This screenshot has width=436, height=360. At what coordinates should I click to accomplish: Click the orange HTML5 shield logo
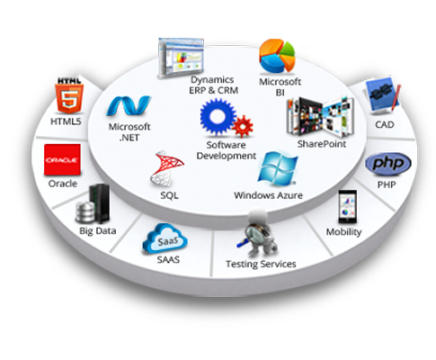pos(69,98)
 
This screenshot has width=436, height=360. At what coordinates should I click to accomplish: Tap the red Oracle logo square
pos(62,159)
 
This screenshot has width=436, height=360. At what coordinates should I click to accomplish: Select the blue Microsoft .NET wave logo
pos(129,106)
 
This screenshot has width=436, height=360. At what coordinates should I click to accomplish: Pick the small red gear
pos(243,127)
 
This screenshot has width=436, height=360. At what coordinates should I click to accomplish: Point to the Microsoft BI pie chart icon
pos(277,56)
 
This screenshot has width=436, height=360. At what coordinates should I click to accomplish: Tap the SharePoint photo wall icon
pos(320,117)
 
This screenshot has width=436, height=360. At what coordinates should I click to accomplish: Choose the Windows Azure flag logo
pos(278,168)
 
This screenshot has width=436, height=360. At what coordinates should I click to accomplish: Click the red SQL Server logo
pos(166,169)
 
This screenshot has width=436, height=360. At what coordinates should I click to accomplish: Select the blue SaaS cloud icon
pos(165,239)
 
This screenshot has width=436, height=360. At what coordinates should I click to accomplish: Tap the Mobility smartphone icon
pos(347,207)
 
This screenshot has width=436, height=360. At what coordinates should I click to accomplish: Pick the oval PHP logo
pos(388,164)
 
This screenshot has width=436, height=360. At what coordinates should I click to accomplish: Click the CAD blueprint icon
pos(383,94)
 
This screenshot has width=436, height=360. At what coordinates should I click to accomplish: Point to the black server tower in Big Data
pos(100,203)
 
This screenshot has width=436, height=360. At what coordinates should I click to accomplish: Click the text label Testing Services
pos(261,264)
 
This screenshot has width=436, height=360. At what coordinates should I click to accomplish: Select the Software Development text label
pos(227,150)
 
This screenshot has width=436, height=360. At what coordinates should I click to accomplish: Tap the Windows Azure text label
pos(268,195)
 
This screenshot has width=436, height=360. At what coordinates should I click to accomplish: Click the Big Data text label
pos(98,231)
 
